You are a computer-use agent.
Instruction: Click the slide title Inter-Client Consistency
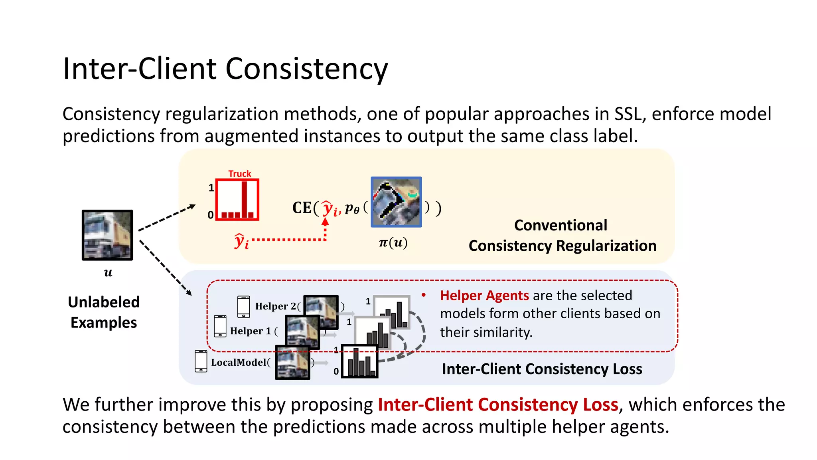click(x=225, y=69)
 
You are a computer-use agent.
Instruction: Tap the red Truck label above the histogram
click(x=239, y=174)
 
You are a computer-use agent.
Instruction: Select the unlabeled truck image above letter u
click(x=107, y=235)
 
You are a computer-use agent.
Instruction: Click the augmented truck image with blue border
click(x=396, y=202)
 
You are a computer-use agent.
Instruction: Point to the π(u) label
click(x=393, y=242)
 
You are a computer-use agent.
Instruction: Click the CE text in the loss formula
click(x=302, y=208)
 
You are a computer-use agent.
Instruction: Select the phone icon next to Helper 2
click(x=243, y=307)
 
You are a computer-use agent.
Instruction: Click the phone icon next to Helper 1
click(x=220, y=326)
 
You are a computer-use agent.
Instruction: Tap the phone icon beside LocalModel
click(x=201, y=361)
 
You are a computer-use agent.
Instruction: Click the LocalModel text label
click(x=239, y=362)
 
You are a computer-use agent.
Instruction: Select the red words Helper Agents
click(x=484, y=295)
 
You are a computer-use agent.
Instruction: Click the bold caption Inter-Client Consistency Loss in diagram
click(x=542, y=369)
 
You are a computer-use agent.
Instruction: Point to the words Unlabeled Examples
click(x=104, y=312)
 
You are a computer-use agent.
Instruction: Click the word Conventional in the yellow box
click(x=560, y=225)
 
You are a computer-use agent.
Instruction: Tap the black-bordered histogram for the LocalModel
click(x=360, y=361)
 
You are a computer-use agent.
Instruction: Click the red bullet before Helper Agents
click(x=424, y=295)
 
